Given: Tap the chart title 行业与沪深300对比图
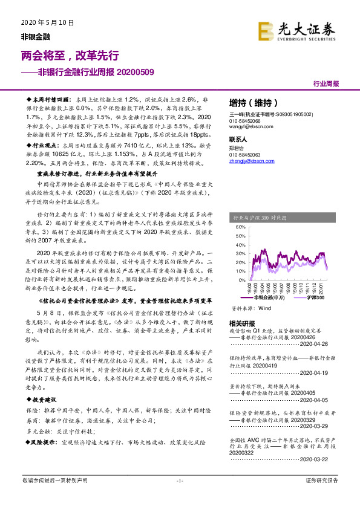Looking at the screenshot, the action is [261, 216].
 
